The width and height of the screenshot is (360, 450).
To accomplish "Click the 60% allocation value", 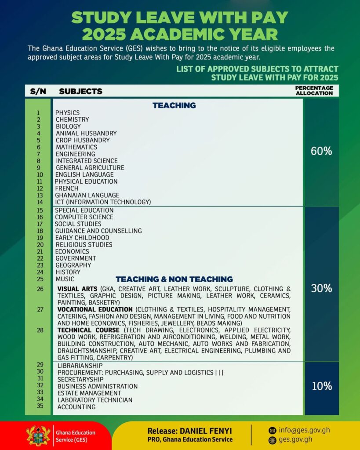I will (x=321, y=151).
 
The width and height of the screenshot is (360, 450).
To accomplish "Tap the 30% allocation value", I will (x=321, y=288).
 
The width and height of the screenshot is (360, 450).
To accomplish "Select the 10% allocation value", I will (x=321, y=386).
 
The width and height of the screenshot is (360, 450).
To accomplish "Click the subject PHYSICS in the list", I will (x=67, y=113).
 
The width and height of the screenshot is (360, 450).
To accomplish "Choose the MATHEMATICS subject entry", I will (x=76, y=147).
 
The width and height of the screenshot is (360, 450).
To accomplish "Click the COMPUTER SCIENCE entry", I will (x=84, y=217).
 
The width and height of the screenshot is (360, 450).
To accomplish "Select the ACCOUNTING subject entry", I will (x=76, y=407).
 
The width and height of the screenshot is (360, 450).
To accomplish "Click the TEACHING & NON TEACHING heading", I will (x=174, y=279).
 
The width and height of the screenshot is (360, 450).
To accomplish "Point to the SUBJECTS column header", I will (x=80, y=91).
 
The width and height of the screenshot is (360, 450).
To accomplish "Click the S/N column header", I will (x=38, y=91).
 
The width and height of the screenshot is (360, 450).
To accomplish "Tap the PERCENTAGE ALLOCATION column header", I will (x=314, y=91).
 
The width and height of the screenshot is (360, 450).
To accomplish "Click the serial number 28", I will (x=40, y=330).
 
